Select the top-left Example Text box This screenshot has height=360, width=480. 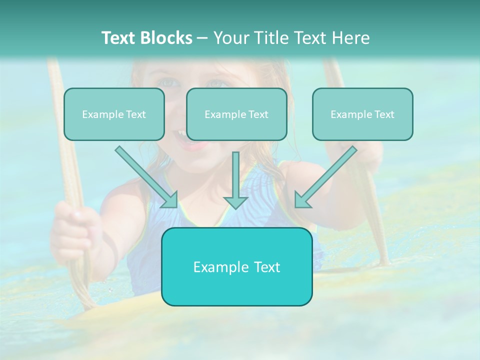coord(114,114)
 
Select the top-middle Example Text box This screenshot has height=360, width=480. coord(236,114)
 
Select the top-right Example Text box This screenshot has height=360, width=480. coord(362,114)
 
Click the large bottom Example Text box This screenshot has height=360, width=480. coord(236,266)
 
